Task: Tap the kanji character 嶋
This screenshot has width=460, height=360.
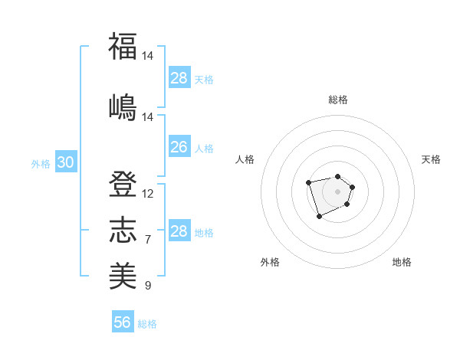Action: pos(123,106)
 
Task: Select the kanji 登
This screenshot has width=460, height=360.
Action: pos(123,185)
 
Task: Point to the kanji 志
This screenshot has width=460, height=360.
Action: pos(123,231)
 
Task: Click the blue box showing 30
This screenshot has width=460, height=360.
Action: pos(66,162)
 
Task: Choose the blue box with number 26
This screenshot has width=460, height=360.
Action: pos(179,147)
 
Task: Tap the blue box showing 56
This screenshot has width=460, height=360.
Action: pos(123,322)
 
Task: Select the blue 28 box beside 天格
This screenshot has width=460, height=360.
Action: pos(179,78)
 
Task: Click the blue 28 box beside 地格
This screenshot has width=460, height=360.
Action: pos(179,231)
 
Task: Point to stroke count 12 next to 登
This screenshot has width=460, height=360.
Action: pos(148,194)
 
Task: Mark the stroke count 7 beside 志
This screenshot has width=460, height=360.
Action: pos(148,240)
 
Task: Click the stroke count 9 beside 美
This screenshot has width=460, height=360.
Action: pos(148,286)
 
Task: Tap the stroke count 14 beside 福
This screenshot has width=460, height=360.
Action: pos(148,56)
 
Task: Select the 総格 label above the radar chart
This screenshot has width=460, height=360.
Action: pos(337,100)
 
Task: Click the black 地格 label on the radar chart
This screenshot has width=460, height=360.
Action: pos(402,262)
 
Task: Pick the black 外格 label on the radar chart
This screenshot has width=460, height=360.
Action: pos(270,262)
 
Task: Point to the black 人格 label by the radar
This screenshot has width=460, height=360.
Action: pos(245,159)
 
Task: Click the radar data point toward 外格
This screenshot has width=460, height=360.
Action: pos(319,217)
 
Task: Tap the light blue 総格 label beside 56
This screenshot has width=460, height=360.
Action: pos(147,324)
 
